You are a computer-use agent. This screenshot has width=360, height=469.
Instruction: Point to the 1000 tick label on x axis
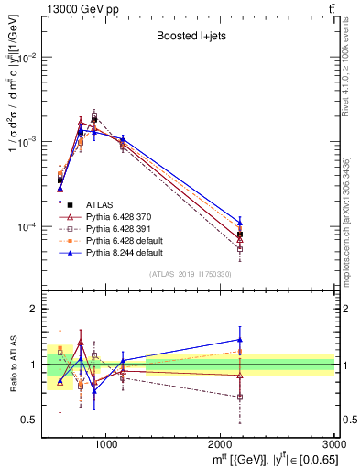(x=105, y=445)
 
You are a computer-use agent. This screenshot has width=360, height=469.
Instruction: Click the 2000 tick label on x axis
(x=221, y=445)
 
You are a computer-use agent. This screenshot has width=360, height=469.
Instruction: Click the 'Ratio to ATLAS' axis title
(x=12, y=365)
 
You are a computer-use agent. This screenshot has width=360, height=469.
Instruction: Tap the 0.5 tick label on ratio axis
(x=29, y=420)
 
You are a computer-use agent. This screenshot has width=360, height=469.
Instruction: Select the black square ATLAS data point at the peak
(x=93, y=119)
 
